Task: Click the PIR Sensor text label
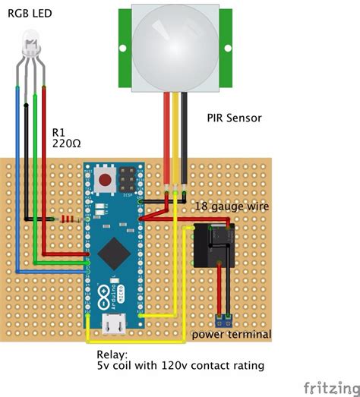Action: (236, 118)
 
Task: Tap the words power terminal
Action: (230, 335)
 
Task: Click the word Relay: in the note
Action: (114, 354)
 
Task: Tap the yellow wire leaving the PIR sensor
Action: (177, 137)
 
